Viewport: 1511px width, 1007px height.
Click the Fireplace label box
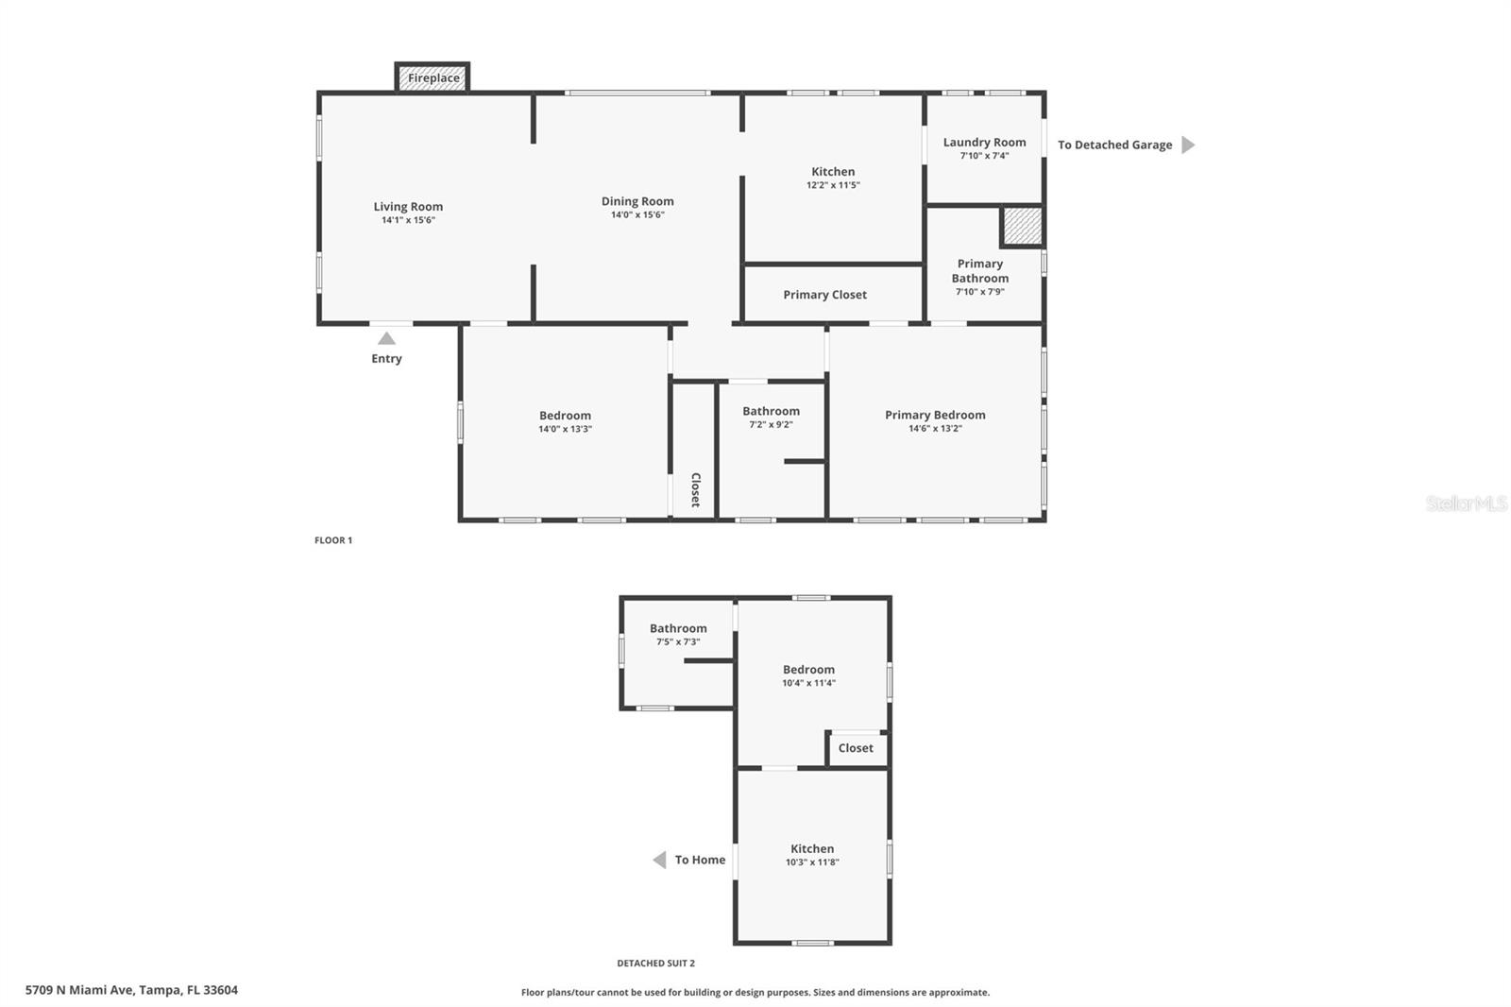(433, 77)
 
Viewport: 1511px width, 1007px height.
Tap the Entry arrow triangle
(386, 338)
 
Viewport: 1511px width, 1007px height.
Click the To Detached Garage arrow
(1188, 145)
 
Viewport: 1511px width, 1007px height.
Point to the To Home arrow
(659, 860)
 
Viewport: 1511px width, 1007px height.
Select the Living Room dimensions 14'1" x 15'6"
(408, 220)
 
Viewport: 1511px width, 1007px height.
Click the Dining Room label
(637, 201)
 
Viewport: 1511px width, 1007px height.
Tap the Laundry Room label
(984, 143)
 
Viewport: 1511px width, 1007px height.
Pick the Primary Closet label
(824, 295)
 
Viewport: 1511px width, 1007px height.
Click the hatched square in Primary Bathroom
(1022, 226)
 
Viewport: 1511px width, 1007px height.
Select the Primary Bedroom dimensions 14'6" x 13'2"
(935, 429)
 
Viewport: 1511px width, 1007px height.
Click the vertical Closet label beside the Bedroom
(695, 489)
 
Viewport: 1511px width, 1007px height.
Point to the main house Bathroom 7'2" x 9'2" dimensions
(771, 425)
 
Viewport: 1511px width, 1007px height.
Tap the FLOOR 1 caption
(333, 540)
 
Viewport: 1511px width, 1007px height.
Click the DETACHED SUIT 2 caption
(655, 964)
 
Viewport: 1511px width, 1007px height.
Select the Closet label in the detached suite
(856, 748)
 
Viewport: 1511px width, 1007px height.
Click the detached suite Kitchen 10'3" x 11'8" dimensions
(812, 862)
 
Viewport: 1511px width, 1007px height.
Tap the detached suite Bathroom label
(678, 628)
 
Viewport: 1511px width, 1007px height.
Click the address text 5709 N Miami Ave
(131, 990)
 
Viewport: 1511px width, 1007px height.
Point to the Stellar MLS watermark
(1466, 503)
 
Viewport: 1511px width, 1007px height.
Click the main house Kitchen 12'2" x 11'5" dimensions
(833, 185)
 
